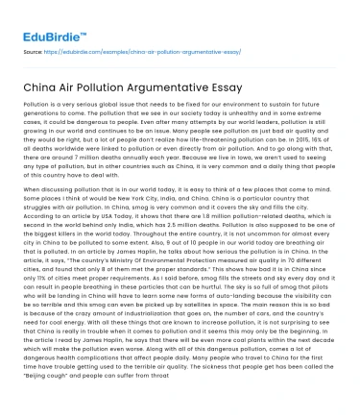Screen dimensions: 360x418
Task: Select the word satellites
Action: click(x=238, y=317)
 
